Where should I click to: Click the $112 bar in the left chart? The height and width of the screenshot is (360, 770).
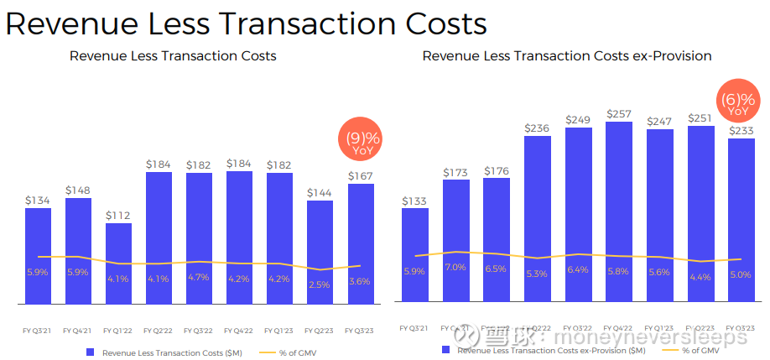coord(118,263)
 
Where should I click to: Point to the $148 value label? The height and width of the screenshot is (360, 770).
coord(78,190)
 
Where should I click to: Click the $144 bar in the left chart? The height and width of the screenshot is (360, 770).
coord(320,252)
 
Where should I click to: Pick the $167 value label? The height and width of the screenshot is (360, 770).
coord(360,175)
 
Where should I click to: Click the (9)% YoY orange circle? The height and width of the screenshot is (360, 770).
coord(359,143)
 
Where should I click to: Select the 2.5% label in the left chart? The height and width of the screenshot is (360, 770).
coord(320,285)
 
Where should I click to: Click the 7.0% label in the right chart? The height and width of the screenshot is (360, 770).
coord(455,268)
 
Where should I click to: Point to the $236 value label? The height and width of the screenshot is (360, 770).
coord(538,128)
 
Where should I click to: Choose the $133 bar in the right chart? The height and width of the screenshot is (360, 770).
coord(415,254)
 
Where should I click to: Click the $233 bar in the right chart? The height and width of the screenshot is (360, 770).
coord(741,220)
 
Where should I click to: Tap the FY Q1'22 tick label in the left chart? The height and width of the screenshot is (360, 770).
coord(118,329)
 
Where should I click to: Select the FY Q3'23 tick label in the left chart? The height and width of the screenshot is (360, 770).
coord(360,329)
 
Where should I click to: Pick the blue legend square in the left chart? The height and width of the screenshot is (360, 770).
coord(91,353)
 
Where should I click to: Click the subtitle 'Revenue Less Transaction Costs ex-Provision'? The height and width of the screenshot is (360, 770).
coord(567,56)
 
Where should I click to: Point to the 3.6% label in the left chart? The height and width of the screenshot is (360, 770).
coord(360,281)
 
